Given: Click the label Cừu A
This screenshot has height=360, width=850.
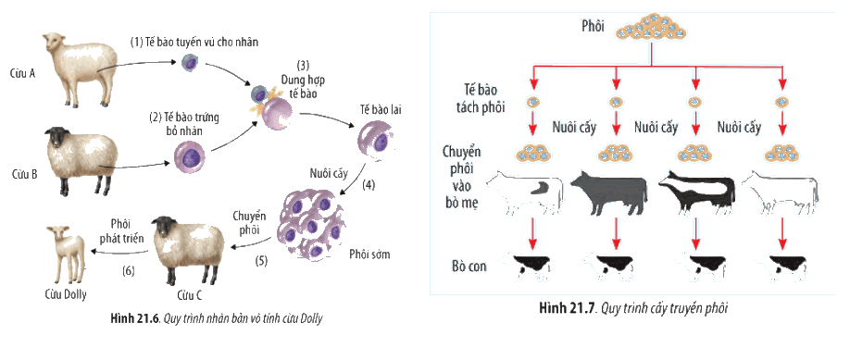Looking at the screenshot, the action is (23, 74).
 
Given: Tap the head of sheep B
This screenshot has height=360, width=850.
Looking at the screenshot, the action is (56, 140).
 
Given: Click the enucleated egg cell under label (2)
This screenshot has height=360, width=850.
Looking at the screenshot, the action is (190, 158).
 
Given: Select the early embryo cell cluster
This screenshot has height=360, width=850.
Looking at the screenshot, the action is (312, 225).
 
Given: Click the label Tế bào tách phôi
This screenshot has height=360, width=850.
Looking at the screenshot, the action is (481, 99).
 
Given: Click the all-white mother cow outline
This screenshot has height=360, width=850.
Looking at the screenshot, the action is (780, 193).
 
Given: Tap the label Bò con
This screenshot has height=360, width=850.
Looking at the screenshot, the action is (469, 267).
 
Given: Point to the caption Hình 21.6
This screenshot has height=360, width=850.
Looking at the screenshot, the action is (131, 318).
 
